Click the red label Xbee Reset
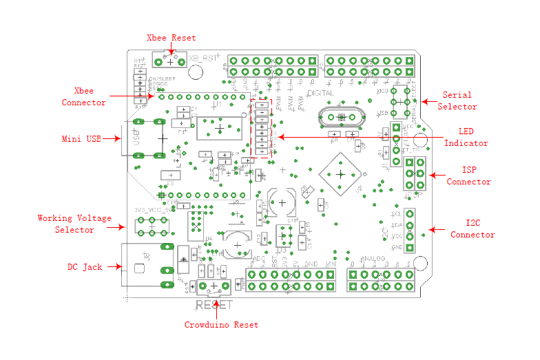click(x=172, y=38)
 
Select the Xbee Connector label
click(x=84, y=97)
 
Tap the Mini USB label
click(x=81, y=138)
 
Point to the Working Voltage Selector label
click(x=74, y=224)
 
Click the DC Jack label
click(x=84, y=266)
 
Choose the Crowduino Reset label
click(x=221, y=324)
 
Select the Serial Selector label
click(x=459, y=101)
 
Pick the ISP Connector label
click(x=468, y=176)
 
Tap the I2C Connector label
click(x=473, y=229)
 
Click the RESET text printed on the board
click(x=214, y=304)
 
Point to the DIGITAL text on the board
click(x=320, y=92)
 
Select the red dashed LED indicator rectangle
click(x=262, y=129)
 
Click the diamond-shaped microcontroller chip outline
click(x=340, y=174)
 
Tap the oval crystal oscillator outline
click(x=341, y=118)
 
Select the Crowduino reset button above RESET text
click(x=214, y=286)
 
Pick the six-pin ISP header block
click(x=414, y=173)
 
